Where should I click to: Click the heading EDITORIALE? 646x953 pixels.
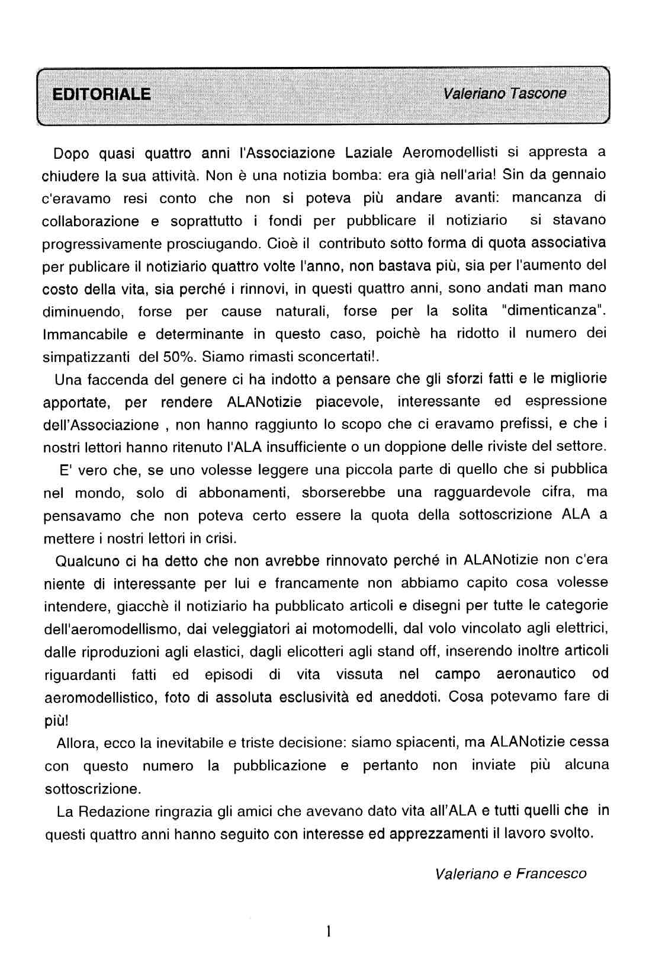(x=101, y=94)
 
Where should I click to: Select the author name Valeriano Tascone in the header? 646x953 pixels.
(x=504, y=93)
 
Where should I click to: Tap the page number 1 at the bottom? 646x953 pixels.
(x=327, y=932)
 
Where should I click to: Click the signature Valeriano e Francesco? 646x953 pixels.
(x=510, y=874)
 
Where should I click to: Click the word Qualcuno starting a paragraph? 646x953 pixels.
(x=88, y=560)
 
